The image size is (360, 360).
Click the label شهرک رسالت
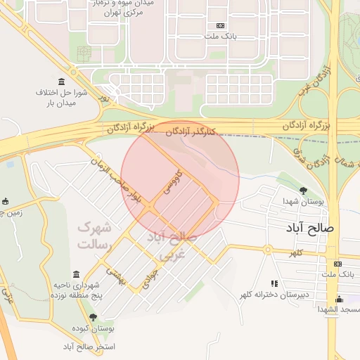pyautogui.click(x=94, y=236)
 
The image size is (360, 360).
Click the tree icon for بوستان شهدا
pyautogui.click(x=303, y=190)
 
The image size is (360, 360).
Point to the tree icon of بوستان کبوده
pyautogui.click(x=93, y=317)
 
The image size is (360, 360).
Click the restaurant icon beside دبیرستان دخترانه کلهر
pyautogui.click(x=274, y=283)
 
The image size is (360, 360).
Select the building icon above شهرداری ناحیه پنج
pyautogui.click(x=76, y=274)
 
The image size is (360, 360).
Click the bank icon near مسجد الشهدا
pyautogui.click(x=339, y=264)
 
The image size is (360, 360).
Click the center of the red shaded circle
pyautogui.click(x=180, y=180)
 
